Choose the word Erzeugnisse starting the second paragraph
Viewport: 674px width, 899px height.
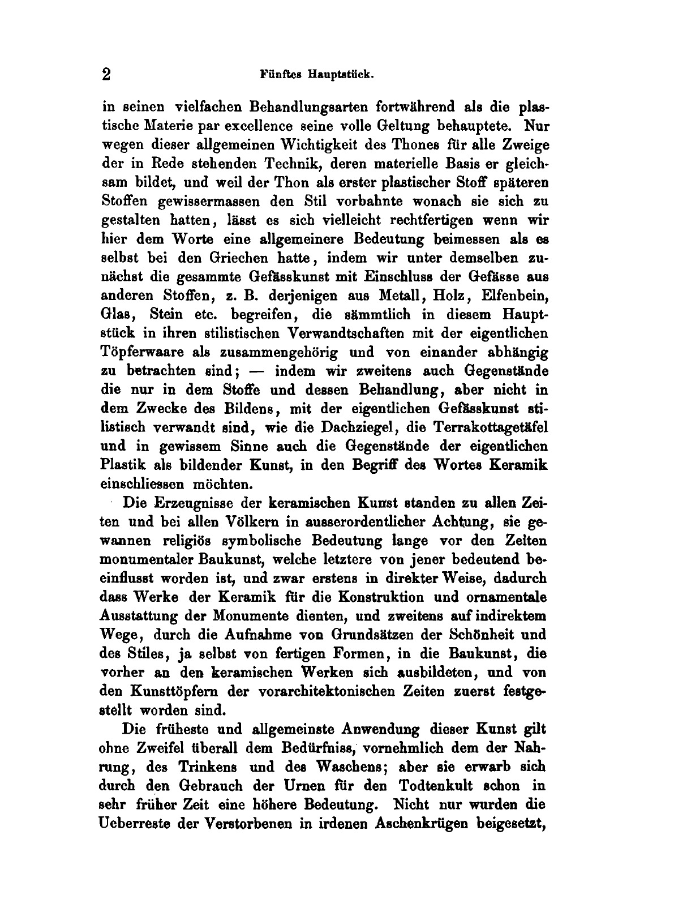click(197, 503)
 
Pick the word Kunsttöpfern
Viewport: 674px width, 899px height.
click(173, 691)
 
